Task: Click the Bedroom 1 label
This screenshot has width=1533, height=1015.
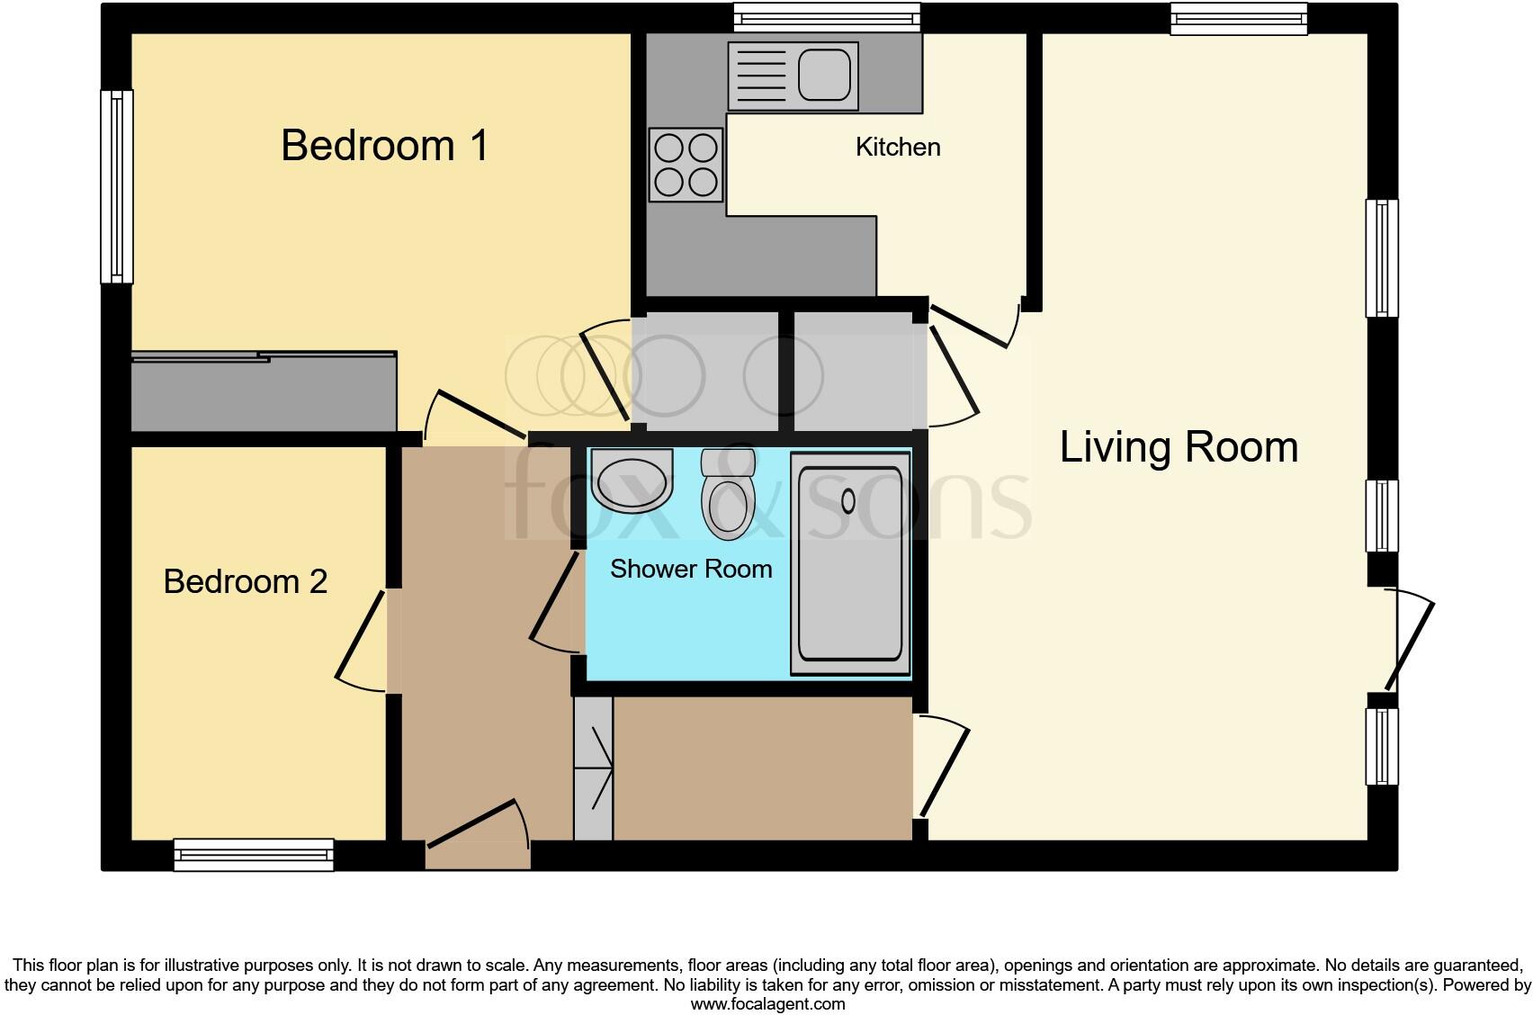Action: (384, 145)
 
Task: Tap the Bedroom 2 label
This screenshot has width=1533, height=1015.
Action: (245, 581)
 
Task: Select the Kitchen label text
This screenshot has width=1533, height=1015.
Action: (897, 147)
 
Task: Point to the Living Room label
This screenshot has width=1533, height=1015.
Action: (1179, 447)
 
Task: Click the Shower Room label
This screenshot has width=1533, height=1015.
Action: (691, 569)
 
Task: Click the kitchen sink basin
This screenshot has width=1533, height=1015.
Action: (824, 74)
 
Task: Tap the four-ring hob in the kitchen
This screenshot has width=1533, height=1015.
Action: (686, 165)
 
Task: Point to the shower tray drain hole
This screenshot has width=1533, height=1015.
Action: (847, 500)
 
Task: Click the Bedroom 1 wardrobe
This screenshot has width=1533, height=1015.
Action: (264, 392)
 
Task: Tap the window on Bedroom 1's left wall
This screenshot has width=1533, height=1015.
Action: (117, 186)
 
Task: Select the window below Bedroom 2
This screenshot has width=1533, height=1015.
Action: (254, 854)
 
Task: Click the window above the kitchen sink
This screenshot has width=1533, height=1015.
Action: (827, 18)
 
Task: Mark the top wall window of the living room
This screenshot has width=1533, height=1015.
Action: (1238, 19)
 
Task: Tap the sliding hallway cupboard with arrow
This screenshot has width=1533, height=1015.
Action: (593, 768)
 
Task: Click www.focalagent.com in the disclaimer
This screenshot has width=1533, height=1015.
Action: (767, 1004)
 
